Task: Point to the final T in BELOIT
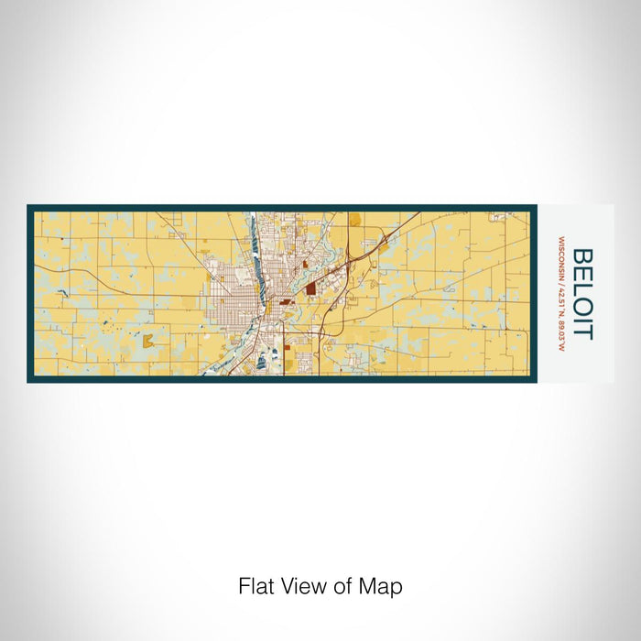click(583, 332)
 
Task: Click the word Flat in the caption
click(257, 586)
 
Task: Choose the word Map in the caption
click(383, 586)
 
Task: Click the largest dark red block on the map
click(310, 288)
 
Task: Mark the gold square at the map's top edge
click(354, 219)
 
